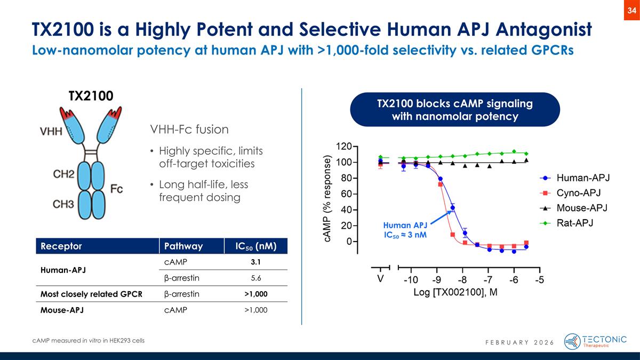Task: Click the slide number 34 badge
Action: tap(631, 11)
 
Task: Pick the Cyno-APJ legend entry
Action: tap(576, 193)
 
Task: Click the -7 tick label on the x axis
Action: tap(487, 279)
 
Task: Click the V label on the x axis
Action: tap(380, 279)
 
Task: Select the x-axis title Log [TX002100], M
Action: tap(455, 293)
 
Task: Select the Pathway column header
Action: tap(183, 246)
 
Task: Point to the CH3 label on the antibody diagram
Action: tap(63, 204)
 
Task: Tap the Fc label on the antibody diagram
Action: tap(117, 188)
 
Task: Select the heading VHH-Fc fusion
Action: tap(190, 129)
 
